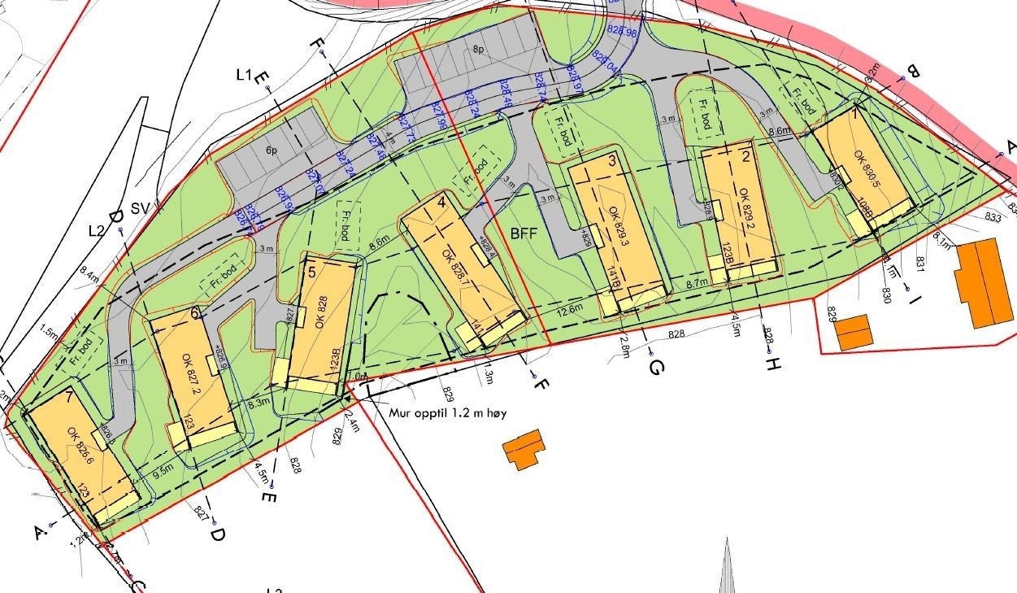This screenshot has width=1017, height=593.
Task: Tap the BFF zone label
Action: (x=524, y=233)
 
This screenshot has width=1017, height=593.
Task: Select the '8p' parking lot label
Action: (x=478, y=50)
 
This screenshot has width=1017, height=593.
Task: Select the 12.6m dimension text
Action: (x=572, y=309)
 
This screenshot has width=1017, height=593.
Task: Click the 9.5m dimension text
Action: (x=163, y=469)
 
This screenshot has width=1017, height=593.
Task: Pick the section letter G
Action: (x=657, y=368)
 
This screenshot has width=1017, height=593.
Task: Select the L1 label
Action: (x=242, y=76)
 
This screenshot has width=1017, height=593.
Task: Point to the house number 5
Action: (x=312, y=272)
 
